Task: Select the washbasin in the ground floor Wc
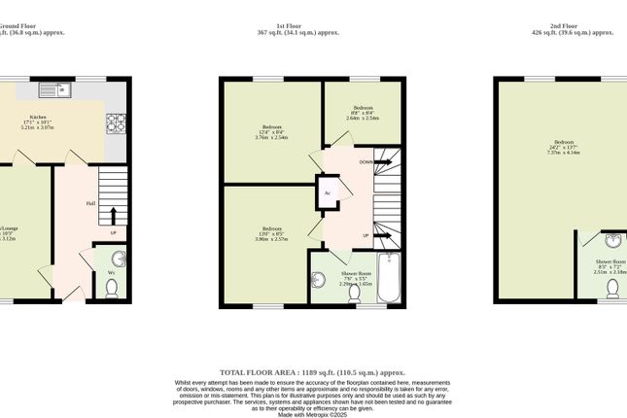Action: [x=119, y=259]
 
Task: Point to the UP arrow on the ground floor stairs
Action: [x=114, y=215]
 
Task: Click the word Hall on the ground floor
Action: [x=89, y=203]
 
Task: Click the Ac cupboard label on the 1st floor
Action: [x=328, y=192]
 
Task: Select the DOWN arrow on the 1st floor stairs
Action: [x=381, y=161]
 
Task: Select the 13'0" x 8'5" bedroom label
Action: [x=271, y=233]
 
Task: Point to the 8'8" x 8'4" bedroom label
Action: [x=364, y=112]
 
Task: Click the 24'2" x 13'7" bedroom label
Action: [x=564, y=148]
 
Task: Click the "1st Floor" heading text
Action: [x=312, y=24]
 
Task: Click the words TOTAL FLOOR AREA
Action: [x=258, y=372]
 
